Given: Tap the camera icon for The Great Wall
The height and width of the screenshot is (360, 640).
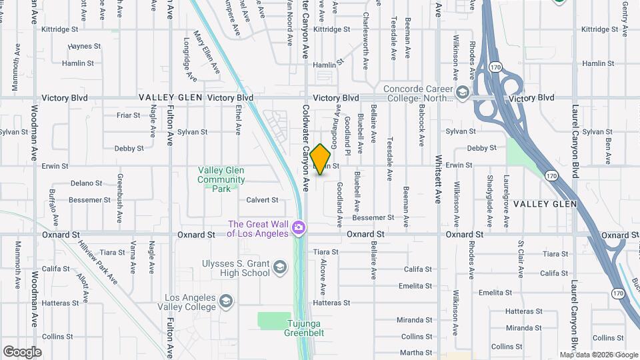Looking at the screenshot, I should pyautogui.click(x=299, y=229).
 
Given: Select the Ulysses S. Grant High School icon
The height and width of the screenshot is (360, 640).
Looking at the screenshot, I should pyautogui.click(x=280, y=268).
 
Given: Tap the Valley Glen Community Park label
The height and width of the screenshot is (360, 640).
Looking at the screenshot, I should pyautogui.click(x=221, y=179).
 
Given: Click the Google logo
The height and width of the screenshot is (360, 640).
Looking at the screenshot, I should pyautogui.click(x=22, y=351).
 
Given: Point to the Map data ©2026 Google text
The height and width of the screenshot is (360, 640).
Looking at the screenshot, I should pyautogui.click(x=598, y=355).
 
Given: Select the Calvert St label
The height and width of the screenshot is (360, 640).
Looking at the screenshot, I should pyautogui.click(x=262, y=200).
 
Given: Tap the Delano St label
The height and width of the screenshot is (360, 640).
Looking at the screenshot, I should pyautogui.click(x=86, y=183).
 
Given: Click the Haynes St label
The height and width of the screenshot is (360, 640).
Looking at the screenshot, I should pyautogui.click(x=84, y=47).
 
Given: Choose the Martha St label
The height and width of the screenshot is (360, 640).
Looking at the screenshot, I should pyautogui.click(x=417, y=353).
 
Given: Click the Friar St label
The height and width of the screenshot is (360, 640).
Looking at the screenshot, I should pyautogui.click(x=128, y=115).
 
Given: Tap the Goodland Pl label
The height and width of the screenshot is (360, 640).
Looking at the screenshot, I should pyautogui.click(x=347, y=131).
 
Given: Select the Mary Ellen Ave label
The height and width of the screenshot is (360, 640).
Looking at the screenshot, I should pyautogui.click(x=207, y=51).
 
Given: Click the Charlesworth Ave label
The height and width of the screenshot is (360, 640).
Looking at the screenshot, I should pyautogui.click(x=365, y=41).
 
